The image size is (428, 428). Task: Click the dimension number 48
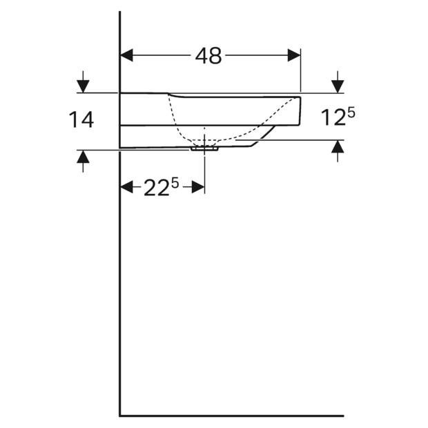pos(208,56)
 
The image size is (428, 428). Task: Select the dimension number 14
pos(81,120)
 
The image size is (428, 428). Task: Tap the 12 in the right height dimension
pos(332,119)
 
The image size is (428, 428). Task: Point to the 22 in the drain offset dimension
pos(157,188)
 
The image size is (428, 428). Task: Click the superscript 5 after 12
pos(351,112)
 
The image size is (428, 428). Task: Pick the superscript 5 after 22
pos(175,182)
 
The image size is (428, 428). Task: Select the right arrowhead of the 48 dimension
pos(295,55)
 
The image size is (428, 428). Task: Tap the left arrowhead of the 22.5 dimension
pos(127,187)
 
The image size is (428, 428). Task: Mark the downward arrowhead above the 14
pos(83,86)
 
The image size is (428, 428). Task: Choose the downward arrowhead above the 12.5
pos(338,86)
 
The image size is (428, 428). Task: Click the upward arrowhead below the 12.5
pos(338,147)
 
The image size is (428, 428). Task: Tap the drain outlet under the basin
pos(204,148)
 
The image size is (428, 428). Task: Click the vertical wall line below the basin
pos(120,276)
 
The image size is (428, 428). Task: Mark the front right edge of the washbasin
pos(300,110)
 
